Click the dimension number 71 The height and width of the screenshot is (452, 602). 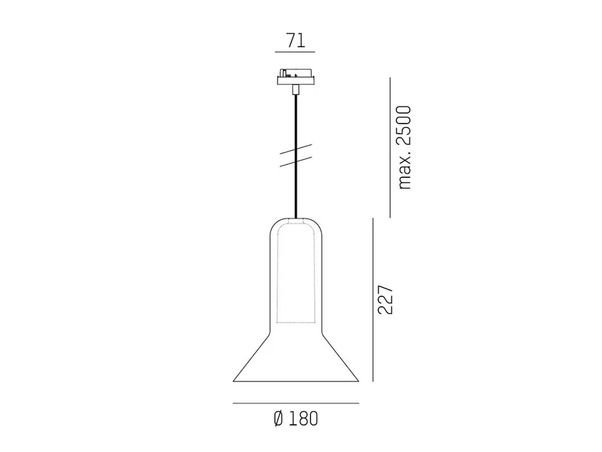point(295,41)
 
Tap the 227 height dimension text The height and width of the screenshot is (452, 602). point(385,300)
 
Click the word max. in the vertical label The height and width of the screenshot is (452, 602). point(404,171)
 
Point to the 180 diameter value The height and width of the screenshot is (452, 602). point(303,419)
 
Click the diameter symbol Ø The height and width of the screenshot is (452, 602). point(279,419)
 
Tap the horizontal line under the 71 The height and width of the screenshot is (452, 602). point(295,52)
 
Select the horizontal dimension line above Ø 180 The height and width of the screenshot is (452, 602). point(296,403)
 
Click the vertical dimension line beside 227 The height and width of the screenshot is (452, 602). point(373,300)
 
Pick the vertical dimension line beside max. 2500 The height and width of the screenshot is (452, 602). point(390,148)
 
